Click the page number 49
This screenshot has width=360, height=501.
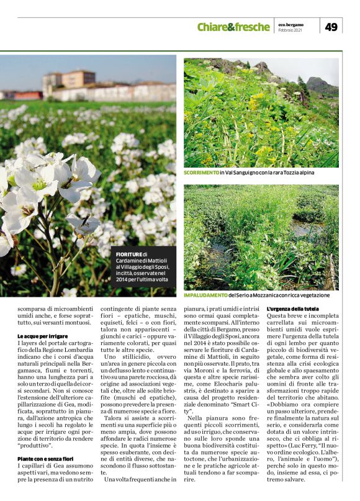[331, 27]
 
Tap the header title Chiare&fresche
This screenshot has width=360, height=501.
[233, 27]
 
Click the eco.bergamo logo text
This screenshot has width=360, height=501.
[290, 23]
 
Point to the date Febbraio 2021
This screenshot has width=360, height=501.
[290, 30]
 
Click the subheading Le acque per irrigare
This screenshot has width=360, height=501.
[42, 336]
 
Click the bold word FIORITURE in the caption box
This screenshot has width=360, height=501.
[129, 255]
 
